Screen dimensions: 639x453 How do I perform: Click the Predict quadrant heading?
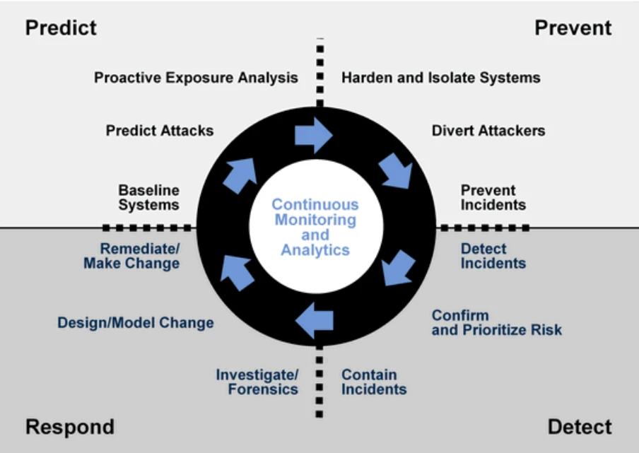61,28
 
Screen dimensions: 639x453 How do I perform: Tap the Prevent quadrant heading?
573,28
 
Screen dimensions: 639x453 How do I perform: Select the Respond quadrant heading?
70,428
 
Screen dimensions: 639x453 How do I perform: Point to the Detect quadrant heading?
580,427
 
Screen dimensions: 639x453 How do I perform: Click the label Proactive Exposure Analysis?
196,78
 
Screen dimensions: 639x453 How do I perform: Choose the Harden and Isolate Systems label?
441,78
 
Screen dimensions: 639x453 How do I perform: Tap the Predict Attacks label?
160,130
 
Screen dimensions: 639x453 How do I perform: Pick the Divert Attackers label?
488,130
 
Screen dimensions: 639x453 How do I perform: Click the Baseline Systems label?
148,198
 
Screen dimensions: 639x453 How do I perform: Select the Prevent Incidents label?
493,198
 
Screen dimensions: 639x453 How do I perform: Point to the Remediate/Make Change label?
131,256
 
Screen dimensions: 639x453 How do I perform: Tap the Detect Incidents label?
493,256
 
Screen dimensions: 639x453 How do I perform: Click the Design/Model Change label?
136,323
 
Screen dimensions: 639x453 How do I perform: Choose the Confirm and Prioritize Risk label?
497,323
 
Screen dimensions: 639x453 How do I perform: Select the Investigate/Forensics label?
257,382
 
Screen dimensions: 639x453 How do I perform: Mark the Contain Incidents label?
374,382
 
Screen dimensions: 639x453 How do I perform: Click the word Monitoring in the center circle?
315,220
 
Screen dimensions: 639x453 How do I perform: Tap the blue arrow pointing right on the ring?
313,135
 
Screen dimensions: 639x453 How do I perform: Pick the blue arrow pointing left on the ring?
315,321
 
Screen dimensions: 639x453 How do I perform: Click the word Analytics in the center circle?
315,250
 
